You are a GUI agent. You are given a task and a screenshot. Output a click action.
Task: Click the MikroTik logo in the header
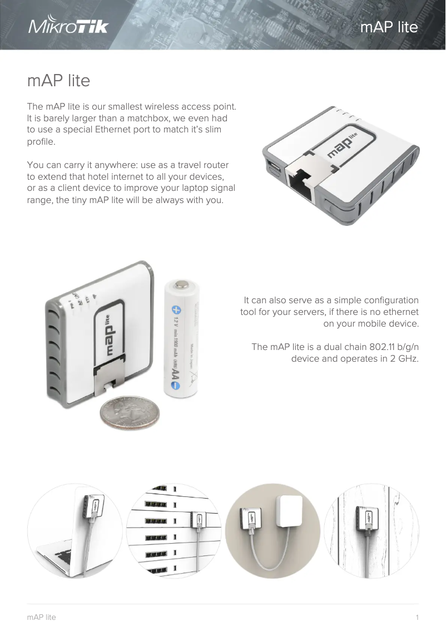coord(68,27)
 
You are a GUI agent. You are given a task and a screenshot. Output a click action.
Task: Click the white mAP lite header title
coord(389,27)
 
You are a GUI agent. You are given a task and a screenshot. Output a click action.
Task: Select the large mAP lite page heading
coord(58,81)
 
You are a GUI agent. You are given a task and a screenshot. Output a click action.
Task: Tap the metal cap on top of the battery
coord(181,285)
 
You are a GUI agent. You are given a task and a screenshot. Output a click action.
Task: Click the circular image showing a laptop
coord(74,531)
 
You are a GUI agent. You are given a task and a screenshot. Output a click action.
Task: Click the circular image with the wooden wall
coord(371,531)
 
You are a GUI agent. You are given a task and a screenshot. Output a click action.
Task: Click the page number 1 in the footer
coord(417,617)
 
